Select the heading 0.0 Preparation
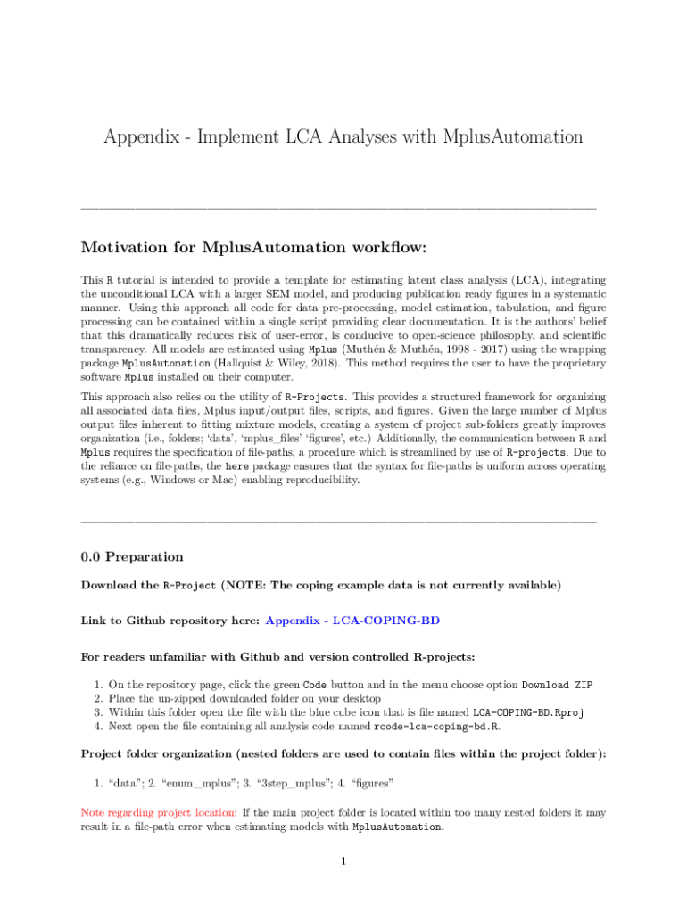point(132,557)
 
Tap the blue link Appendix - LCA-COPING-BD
point(352,620)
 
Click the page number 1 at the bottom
point(343,861)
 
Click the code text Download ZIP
point(556,685)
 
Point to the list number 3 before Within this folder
point(97,713)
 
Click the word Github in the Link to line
point(145,620)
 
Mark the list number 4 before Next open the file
point(97,727)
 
